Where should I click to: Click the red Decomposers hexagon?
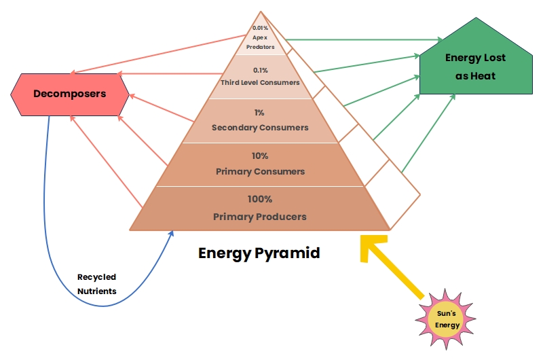point(70,94)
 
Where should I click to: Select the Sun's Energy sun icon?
point(446,319)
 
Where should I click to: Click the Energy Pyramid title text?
point(259,253)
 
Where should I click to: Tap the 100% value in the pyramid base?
point(260,199)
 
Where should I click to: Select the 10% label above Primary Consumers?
point(260,156)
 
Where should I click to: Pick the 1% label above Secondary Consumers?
point(259,113)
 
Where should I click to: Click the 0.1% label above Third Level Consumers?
point(260,71)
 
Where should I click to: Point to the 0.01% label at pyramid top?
point(260,28)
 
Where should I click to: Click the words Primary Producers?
point(260,217)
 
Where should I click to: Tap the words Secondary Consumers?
point(260,128)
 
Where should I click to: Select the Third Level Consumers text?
point(260,82)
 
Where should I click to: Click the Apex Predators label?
point(260,42)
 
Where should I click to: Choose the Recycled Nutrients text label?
point(96,284)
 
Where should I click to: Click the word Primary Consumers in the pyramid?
point(261,172)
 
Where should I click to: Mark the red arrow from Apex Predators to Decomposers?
point(158,54)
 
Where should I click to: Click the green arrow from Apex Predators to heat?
point(364,40)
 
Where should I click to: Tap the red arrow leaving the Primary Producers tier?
point(106,162)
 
